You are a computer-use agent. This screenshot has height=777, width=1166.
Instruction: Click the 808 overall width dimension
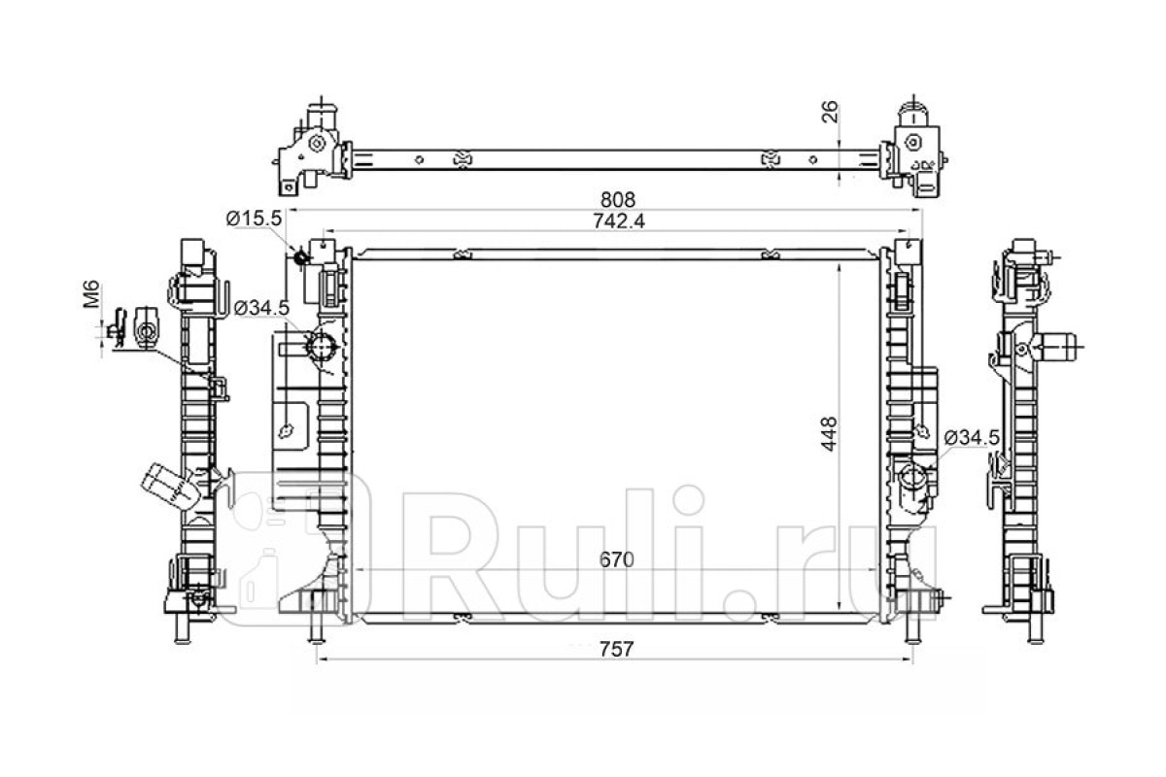(x=618, y=199)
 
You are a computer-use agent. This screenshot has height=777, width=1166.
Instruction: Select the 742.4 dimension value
(x=619, y=221)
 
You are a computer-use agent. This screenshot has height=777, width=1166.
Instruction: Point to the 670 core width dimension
(x=617, y=559)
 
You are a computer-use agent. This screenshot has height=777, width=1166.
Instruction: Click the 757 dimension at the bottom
(x=617, y=649)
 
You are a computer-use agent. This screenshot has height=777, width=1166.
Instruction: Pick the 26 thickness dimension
(x=830, y=112)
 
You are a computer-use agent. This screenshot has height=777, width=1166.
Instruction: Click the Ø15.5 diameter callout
(x=254, y=219)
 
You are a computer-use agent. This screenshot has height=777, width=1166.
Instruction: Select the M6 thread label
(x=91, y=293)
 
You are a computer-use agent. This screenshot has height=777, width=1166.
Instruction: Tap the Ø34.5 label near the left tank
(x=261, y=308)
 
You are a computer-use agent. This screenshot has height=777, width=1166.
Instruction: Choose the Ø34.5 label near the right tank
(x=973, y=438)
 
